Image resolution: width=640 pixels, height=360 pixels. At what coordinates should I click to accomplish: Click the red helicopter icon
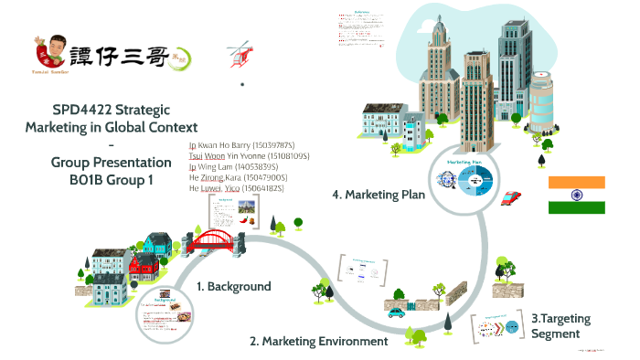point(240,50)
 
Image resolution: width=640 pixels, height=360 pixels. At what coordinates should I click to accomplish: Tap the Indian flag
point(576,195)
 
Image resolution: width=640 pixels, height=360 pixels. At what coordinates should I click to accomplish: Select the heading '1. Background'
point(234,286)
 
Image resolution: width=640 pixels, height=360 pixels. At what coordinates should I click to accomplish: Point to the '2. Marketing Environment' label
point(319,341)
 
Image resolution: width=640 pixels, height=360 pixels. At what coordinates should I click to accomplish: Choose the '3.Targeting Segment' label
point(560,325)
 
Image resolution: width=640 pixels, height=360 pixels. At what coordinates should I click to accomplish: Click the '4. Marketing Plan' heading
point(378,194)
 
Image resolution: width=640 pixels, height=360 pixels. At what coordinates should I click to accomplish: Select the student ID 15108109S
point(288,156)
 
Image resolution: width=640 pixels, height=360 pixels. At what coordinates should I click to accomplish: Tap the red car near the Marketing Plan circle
point(512,197)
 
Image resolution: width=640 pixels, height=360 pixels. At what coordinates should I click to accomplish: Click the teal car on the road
point(396,312)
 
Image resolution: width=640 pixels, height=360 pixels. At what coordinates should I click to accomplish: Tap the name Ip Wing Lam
point(214,167)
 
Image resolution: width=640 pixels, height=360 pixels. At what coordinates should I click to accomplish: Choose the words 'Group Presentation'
point(112,163)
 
